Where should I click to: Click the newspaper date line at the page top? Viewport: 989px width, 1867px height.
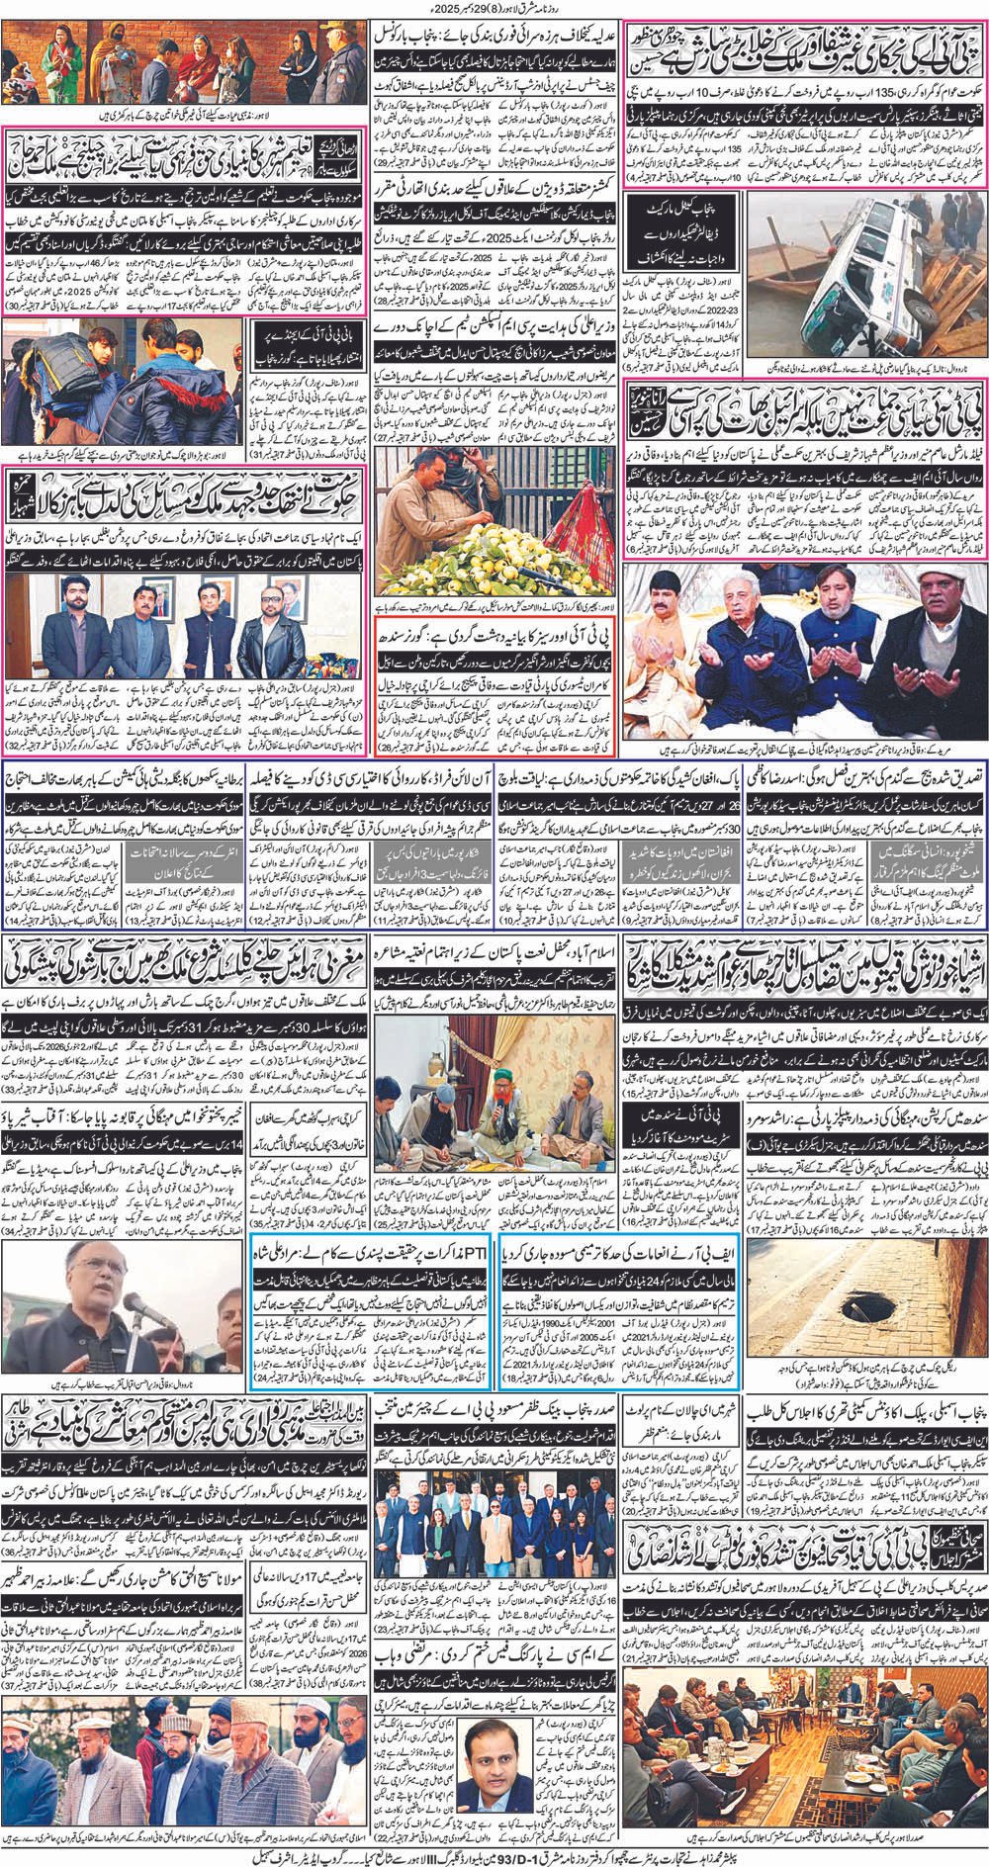[x=494, y=9]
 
